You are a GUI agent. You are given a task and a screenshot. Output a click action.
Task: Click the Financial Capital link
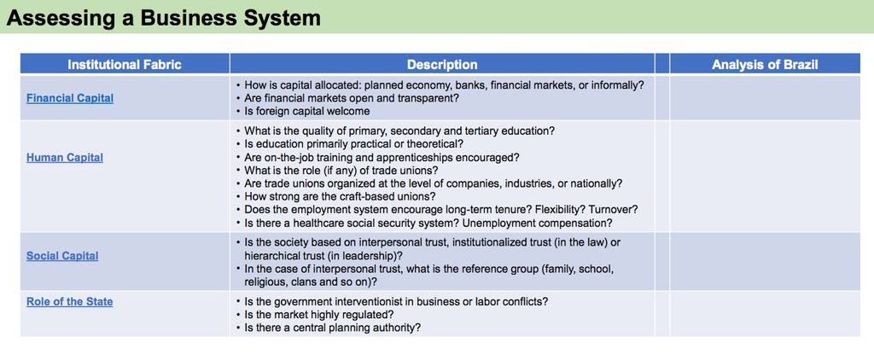70,98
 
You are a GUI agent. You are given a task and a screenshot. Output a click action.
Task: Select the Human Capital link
65,158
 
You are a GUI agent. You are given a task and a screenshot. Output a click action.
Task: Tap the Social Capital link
62,256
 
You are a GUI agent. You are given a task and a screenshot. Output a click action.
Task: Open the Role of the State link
70,301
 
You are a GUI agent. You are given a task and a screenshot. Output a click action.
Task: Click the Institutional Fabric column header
125,65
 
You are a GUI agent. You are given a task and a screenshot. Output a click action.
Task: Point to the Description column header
442,65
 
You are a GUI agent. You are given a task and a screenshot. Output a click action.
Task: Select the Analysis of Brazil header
765,65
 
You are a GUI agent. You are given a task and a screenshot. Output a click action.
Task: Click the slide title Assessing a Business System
164,18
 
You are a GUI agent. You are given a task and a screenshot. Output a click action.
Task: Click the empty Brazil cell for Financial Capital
765,98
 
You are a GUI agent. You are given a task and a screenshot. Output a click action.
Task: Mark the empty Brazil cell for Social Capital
765,261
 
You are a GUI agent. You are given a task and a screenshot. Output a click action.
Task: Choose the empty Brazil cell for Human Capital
765,176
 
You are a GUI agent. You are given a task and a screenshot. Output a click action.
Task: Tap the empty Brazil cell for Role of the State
765,314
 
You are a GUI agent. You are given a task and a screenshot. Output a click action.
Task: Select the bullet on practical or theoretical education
349,144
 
